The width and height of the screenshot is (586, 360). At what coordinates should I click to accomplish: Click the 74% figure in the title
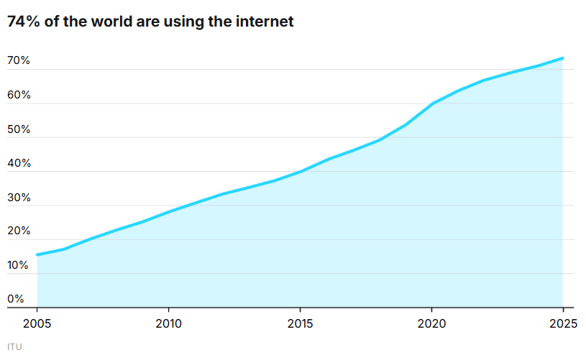coord(23,22)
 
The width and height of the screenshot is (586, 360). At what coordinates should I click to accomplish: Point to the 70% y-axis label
coord(19,61)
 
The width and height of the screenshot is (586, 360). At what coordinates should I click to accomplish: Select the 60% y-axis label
coord(19,96)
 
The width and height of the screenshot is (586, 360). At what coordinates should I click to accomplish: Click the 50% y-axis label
coord(19,129)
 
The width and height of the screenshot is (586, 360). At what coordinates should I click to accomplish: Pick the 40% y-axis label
coord(19,163)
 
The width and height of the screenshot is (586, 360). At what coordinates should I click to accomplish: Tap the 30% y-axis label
coord(19,198)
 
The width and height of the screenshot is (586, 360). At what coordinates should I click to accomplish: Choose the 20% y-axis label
coord(19,231)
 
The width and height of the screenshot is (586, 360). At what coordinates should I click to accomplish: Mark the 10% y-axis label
coord(19,265)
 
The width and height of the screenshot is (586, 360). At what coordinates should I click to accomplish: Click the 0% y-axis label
coord(16,299)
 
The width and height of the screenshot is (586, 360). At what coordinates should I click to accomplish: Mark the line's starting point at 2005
coord(37,254)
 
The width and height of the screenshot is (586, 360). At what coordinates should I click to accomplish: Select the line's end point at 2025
coord(562,58)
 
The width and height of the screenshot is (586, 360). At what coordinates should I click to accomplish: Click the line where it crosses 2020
coord(431,103)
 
